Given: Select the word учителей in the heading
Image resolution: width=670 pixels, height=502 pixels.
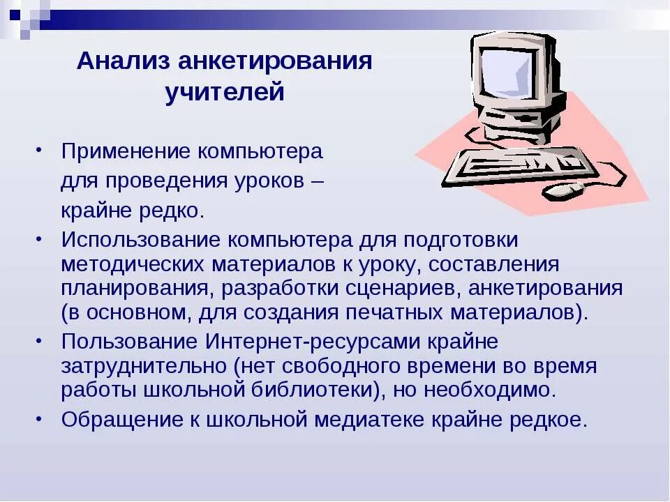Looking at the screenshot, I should point(225,92).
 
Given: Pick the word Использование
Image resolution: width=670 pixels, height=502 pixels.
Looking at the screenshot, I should point(140,239).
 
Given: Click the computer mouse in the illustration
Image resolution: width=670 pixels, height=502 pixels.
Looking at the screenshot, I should point(564,188).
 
